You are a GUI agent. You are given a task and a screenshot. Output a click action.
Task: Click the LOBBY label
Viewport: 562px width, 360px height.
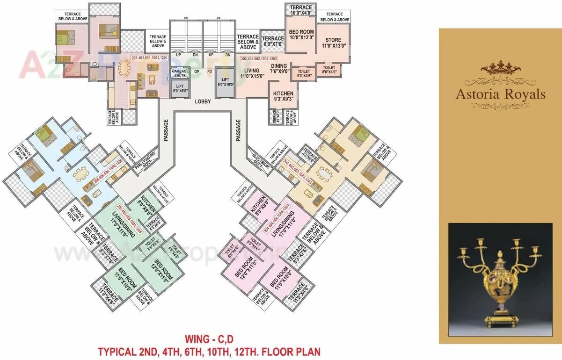[203, 101]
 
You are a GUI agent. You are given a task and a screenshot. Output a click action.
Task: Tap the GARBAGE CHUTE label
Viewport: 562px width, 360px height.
[180, 73]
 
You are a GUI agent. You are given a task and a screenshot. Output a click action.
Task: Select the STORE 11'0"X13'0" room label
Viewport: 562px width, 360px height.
[334, 43]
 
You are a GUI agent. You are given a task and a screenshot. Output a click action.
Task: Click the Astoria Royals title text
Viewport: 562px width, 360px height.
[501, 94]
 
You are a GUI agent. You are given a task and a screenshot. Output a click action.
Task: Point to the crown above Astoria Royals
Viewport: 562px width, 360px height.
[501, 68]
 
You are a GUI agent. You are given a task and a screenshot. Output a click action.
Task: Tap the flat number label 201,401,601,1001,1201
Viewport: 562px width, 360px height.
[150, 58]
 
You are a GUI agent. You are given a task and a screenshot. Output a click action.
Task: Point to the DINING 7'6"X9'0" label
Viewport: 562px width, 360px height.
[280, 69]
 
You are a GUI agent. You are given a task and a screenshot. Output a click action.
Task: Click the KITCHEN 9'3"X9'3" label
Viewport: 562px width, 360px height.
[284, 96]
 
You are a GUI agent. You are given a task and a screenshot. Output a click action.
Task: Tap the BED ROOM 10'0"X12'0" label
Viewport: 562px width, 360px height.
[300, 35]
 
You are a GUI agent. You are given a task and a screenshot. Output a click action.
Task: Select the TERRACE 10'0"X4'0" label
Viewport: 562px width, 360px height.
[301, 10]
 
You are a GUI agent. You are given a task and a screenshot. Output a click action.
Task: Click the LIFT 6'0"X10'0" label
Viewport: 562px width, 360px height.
[226, 82]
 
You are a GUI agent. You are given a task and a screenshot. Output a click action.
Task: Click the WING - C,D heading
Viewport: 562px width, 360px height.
[209, 338]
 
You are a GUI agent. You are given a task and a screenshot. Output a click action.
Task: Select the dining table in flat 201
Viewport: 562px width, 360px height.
[124, 69]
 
